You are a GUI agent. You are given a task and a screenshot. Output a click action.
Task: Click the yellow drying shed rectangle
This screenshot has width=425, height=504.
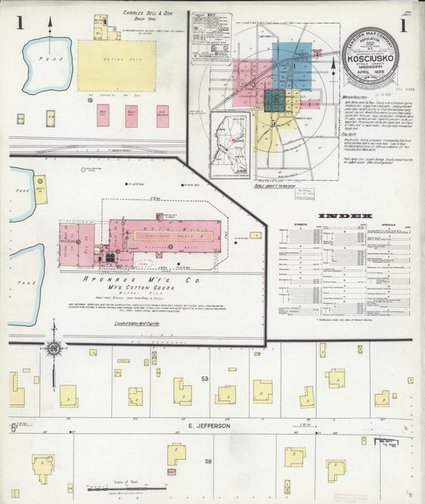116,66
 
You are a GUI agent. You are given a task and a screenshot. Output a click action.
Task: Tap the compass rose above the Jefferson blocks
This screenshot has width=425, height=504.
54,348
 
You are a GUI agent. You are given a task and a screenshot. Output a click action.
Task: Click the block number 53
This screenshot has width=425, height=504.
204,379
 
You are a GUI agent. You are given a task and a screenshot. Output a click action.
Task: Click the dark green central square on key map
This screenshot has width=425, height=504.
275,100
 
